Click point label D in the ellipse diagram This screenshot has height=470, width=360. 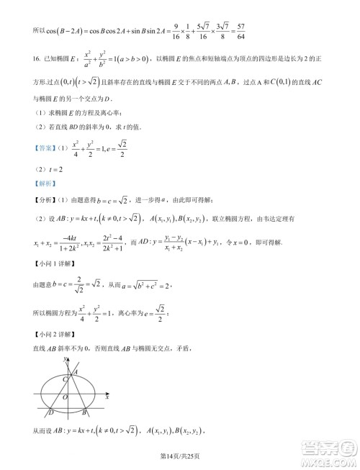coord(50,412)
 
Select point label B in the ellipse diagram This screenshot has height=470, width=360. coord(84,412)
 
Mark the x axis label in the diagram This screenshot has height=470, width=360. coord(107,397)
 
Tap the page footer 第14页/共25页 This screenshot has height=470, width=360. coord(179,452)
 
